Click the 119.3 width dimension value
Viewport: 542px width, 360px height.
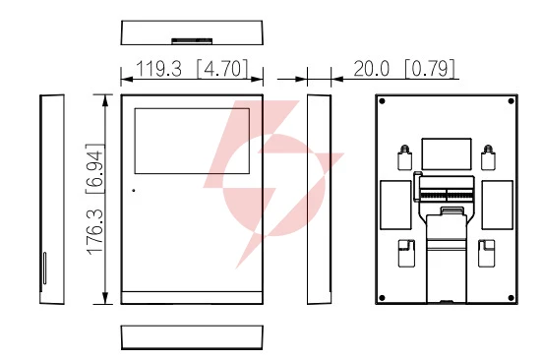pyautogui.click(x=158, y=69)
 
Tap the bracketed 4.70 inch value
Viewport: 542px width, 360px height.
pyautogui.click(x=222, y=69)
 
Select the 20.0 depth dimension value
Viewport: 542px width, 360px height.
pyautogui.click(x=371, y=69)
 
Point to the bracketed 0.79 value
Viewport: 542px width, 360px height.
pyautogui.click(x=430, y=69)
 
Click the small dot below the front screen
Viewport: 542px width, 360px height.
pyautogui.click(x=134, y=190)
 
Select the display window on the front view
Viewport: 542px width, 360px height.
pyautogui.click(x=192, y=141)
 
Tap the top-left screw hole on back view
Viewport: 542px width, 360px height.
pyautogui.click(x=382, y=101)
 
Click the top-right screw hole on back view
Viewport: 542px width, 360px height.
pyautogui.click(x=511, y=101)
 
